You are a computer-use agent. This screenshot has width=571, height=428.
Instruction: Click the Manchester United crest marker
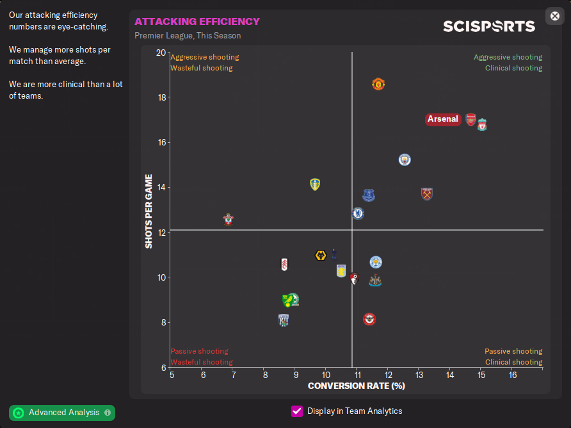point(378,84)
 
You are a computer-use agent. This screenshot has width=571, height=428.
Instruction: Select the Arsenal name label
point(443,119)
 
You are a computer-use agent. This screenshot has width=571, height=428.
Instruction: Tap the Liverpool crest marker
point(482,124)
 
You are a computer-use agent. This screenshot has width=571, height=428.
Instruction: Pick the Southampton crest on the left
point(229,220)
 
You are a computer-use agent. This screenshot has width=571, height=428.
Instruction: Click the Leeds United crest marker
point(314,185)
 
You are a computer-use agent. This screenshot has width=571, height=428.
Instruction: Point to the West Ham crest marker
point(427,193)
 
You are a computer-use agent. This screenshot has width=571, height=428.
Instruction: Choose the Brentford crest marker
point(369,319)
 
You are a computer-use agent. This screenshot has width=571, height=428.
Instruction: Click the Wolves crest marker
point(321,256)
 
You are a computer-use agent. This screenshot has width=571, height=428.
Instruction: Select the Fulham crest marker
point(284,264)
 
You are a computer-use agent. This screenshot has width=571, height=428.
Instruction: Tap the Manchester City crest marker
point(404,159)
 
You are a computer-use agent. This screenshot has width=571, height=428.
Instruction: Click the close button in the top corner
point(555,16)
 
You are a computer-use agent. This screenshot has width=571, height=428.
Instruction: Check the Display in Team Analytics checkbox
point(297,411)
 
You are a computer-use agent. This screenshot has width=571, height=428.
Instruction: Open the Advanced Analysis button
point(62,413)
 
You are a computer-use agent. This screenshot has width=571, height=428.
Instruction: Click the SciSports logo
point(488,26)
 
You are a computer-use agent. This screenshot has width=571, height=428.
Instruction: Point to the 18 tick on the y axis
point(161,97)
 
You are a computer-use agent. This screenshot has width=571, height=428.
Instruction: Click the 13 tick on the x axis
point(419,374)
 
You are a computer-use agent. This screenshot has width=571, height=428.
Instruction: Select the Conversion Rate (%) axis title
point(357,386)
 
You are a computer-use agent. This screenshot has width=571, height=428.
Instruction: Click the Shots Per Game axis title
point(149,211)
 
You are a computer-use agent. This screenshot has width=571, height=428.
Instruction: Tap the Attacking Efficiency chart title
point(197,22)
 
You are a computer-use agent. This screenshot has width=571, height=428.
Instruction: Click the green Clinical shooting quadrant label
point(513,68)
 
